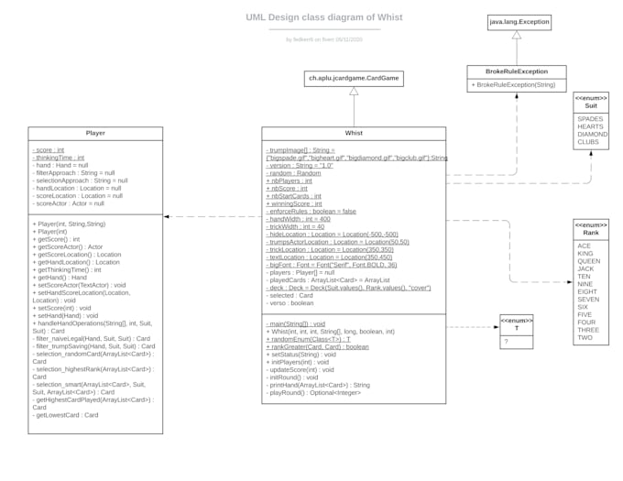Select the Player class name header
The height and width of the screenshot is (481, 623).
click(x=95, y=133)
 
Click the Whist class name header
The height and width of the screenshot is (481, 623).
click(x=354, y=133)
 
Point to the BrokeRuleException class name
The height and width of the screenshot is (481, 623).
click(x=516, y=71)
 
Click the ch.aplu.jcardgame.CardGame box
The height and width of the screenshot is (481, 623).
click(x=354, y=79)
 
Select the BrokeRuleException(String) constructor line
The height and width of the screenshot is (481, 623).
click(x=515, y=85)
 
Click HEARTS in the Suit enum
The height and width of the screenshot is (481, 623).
click(x=591, y=126)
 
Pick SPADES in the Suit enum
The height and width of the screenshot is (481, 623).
click(x=591, y=118)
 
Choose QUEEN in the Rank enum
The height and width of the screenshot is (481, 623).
click(x=589, y=260)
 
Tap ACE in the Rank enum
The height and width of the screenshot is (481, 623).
click(x=585, y=246)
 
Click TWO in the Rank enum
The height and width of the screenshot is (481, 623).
click(x=585, y=337)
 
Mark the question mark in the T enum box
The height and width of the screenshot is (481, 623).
click(x=506, y=342)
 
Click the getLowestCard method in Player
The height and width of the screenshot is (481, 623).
click(x=66, y=415)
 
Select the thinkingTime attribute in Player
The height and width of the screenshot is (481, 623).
click(x=59, y=158)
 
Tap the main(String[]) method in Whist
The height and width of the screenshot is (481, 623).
click(x=295, y=323)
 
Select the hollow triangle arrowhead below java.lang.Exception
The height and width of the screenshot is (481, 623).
click(x=516, y=35)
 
